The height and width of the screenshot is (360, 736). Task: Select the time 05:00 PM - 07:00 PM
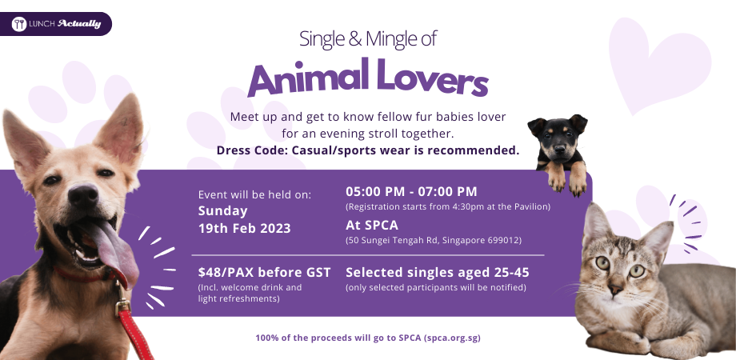point(411,191)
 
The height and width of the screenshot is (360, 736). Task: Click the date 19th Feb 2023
point(244,227)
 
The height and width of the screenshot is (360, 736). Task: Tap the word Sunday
point(223,211)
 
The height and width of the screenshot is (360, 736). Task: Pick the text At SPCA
point(371,225)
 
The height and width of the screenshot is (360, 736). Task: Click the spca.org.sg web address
point(452,338)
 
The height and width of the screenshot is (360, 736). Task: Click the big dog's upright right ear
point(124,128)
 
